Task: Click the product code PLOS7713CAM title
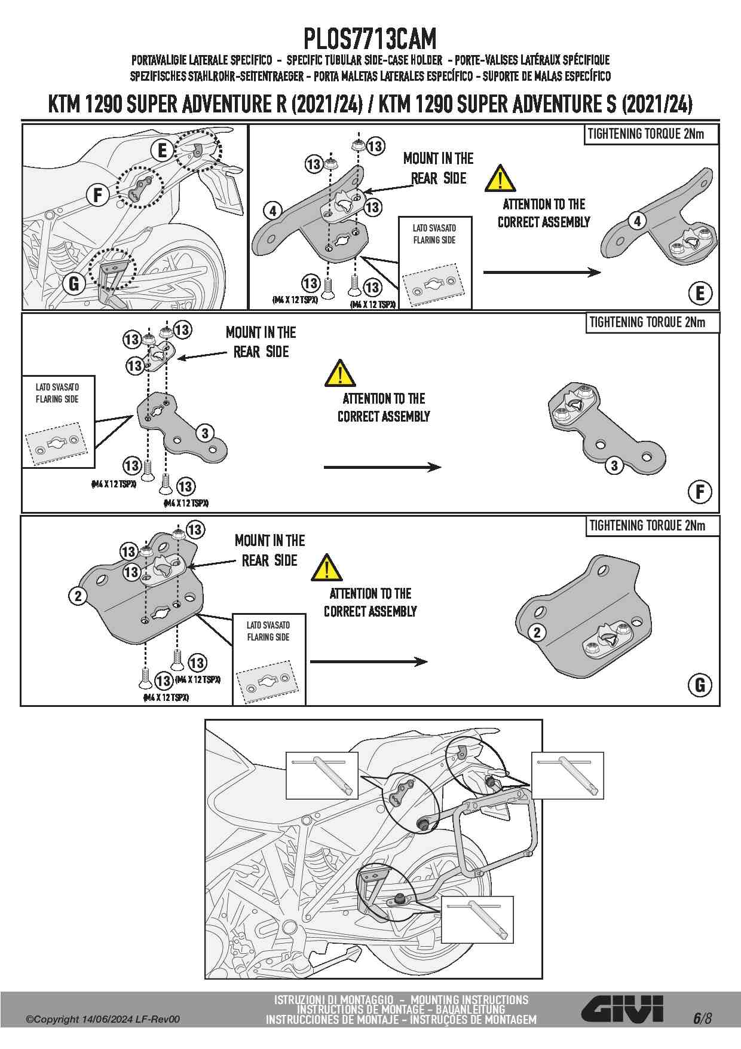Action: (x=370, y=39)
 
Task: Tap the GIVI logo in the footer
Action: (x=622, y=1009)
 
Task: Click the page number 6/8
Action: (x=702, y=1018)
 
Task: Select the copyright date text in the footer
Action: (x=103, y=1019)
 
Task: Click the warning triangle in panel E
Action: (x=500, y=178)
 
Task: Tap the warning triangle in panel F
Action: (x=340, y=373)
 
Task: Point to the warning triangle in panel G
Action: (x=326, y=568)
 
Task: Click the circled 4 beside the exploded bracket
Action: (x=272, y=211)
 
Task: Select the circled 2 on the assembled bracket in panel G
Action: (x=537, y=632)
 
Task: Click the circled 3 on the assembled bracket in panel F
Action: (x=614, y=465)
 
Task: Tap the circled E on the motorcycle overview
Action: (x=162, y=151)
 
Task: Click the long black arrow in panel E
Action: (x=541, y=273)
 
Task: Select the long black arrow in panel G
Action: (x=368, y=661)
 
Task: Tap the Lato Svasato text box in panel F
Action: (x=57, y=393)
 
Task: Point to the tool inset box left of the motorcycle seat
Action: (x=322, y=776)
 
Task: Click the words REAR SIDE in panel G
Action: (x=269, y=560)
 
